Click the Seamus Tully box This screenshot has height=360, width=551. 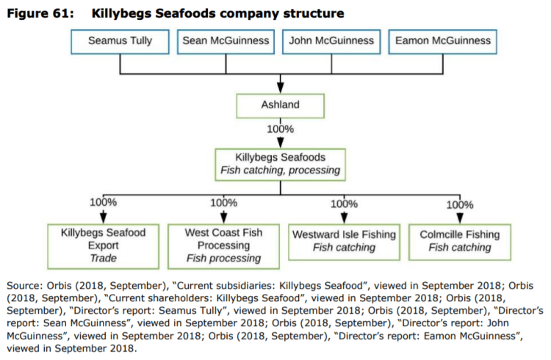click(120, 41)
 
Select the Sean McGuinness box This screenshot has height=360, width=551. click(226, 41)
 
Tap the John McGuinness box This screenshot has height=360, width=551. click(332, 41)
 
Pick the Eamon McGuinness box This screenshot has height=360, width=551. click(443, 41)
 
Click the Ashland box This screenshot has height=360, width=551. click(280, 105)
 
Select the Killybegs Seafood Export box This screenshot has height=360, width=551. click(104, 245)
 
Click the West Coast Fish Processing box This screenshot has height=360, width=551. click(223, 245)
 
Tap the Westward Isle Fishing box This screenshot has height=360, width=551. click(344, 241)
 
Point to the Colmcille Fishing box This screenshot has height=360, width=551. click(459, 241)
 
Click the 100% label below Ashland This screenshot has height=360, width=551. click(280, 129)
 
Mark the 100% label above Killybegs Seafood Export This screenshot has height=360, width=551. click(104, 202)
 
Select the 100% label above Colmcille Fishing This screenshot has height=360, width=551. click(460, 204)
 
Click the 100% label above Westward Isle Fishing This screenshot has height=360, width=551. click(344, 204)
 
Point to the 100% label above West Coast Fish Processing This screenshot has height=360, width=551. click(223, 202)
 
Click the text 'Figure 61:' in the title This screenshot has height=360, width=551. click(40, 13)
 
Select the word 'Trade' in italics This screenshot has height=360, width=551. click(104, 259)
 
